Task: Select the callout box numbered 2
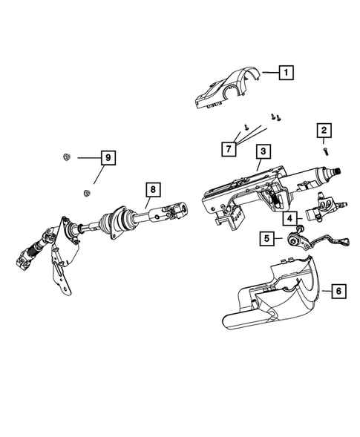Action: [324, 132]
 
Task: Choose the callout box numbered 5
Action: [265, 239]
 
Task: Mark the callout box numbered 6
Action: [338, 292]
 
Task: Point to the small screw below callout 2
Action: [325, 151]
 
